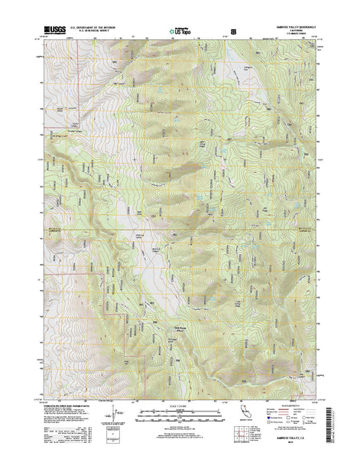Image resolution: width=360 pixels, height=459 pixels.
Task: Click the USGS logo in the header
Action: click(57, 30)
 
